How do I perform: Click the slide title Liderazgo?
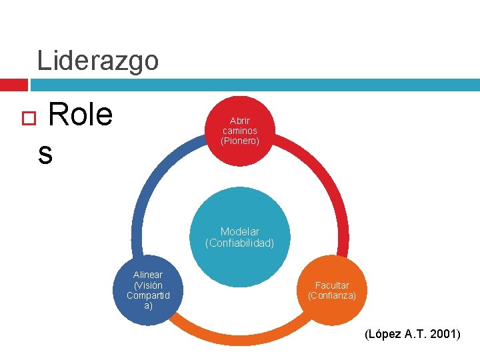point(98,60)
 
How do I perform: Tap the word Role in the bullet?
point(80,115)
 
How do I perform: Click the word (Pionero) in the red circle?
point(239,141)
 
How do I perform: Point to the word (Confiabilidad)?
point(240,243)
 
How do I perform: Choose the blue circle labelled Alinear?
point(148,291)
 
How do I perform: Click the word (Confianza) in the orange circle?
point(332,295)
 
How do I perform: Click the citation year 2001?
point(442,334)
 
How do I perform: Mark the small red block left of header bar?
point(13,85)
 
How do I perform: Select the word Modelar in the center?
point(240,232)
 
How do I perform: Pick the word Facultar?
point(332,285)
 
